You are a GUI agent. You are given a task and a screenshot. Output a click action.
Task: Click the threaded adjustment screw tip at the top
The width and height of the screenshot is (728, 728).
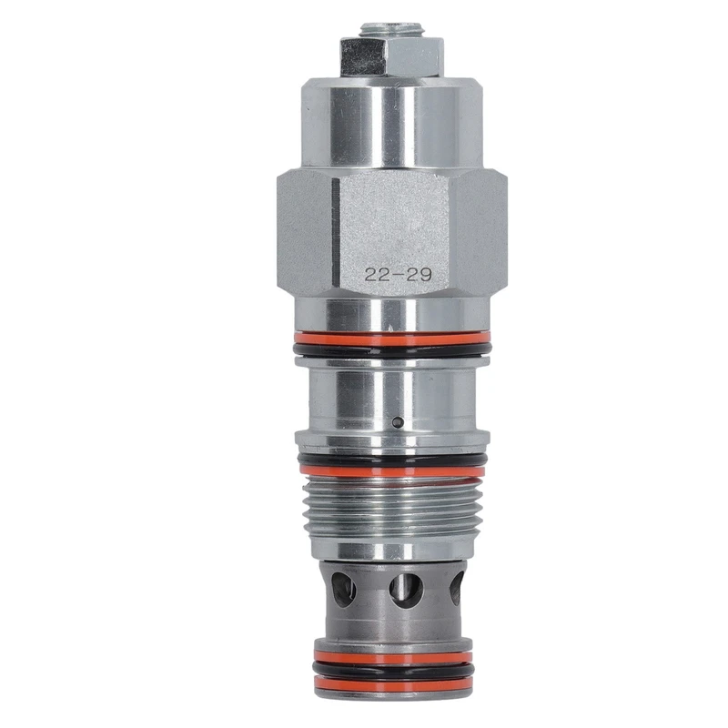[x=391, y=30]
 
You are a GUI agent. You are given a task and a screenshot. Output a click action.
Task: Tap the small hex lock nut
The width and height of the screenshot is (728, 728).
[x=391, y=57]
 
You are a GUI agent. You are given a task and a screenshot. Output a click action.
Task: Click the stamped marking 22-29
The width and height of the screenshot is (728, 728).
[x=398, y=275]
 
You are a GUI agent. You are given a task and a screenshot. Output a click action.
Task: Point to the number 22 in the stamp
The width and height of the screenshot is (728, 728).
[x=376, y=275]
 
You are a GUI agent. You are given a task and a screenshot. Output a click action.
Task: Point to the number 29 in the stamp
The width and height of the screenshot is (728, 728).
[x=420, y=275]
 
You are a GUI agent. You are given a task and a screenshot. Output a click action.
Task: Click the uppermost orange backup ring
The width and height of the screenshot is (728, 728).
[x=392, y=338]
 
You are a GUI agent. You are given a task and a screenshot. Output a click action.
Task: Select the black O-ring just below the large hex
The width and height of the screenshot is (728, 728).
[x=392, y=349]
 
